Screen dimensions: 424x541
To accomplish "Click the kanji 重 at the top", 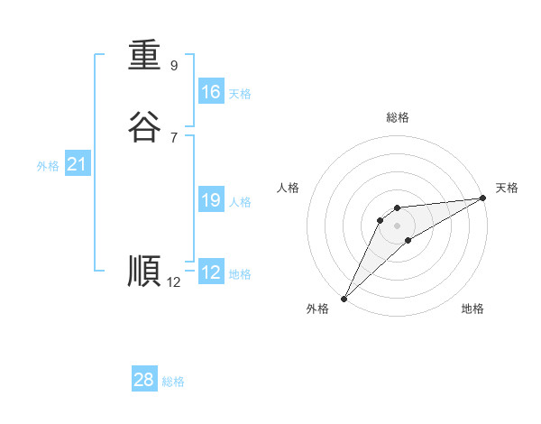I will (144, 56).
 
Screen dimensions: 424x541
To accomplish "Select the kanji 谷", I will (144, 127).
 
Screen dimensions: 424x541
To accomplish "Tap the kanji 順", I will (144, 272).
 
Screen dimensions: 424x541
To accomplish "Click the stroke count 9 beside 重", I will (174, 66).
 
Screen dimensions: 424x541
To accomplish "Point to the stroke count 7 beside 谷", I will (174, 137).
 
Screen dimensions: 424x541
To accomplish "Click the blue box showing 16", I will (211, 92).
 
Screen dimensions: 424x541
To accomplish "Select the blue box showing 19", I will (211, 200).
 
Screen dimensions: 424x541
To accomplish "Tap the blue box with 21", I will (77, 164).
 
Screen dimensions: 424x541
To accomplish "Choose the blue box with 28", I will (144, 380).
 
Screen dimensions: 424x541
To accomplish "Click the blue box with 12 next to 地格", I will (211, 272).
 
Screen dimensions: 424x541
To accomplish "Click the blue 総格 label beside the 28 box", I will (173, 382).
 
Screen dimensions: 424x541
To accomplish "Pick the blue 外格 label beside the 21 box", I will (48, 166).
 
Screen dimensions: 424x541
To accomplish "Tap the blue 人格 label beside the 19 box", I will (240, 202).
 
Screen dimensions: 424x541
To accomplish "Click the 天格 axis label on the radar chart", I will (507, 188).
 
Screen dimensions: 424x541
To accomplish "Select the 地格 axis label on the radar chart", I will (472, 309).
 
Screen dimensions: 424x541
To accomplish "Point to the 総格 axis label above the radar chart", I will (397, 117).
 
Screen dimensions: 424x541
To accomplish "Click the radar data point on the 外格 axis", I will (344, 298).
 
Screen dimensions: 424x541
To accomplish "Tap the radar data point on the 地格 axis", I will (408, 240).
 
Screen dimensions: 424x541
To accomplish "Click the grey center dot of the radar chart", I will (397, 225).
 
